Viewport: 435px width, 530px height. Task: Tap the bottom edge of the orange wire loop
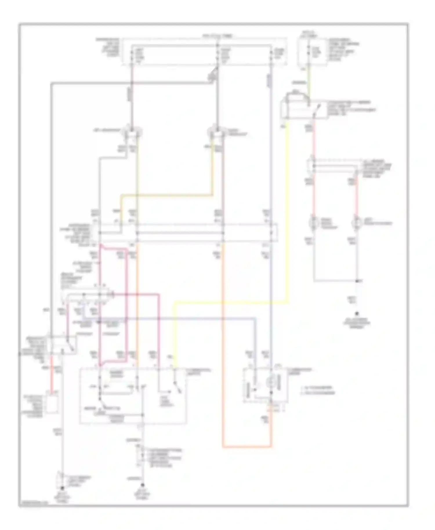(247, 447)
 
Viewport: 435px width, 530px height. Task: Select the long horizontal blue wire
(174, 319)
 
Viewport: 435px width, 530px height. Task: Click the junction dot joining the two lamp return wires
(358, 281)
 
